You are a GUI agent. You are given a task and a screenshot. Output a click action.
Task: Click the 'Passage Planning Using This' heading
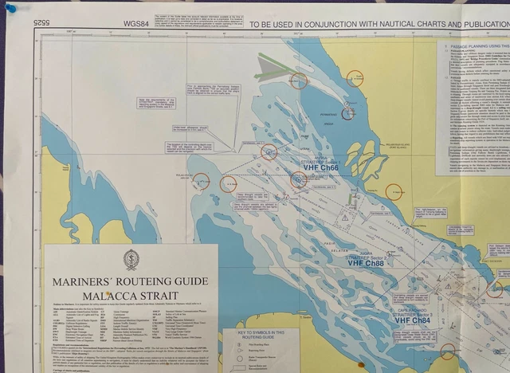point(477,46)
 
